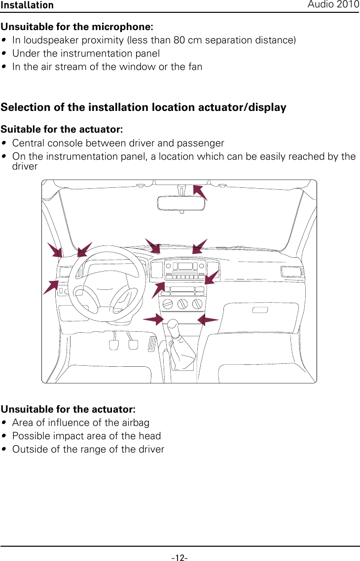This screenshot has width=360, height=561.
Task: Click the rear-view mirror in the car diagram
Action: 182,203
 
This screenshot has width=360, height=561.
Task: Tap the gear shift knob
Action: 173,326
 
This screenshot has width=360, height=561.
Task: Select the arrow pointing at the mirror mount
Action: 200,192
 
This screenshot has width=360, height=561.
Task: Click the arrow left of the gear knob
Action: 153,319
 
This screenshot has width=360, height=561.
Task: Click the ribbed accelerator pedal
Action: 152,344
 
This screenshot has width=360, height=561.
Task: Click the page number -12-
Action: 180,558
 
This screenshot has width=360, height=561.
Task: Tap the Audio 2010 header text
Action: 333,4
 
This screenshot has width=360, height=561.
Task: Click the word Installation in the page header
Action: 27,5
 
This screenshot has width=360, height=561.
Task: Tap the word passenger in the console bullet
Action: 201,143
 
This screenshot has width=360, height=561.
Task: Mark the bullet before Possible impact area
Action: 4,436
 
